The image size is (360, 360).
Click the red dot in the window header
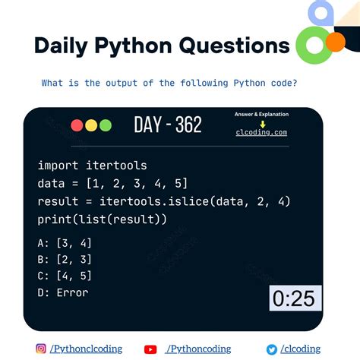(x=77, y=126)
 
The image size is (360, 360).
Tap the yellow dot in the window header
(x=90, y=126)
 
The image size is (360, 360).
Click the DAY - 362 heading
(x=167, y=125)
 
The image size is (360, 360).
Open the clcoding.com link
(x=261, y=132)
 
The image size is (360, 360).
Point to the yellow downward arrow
(x=261, y=123)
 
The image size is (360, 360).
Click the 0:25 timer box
(x=294, y=298)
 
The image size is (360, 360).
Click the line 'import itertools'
(x=92, y=165)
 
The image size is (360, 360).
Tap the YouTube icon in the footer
(x=150, y=349)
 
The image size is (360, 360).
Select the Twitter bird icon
(x=271, y=349)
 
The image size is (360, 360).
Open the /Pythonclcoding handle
(x=87, y=349)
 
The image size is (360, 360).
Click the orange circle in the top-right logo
(x=334, y=41)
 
